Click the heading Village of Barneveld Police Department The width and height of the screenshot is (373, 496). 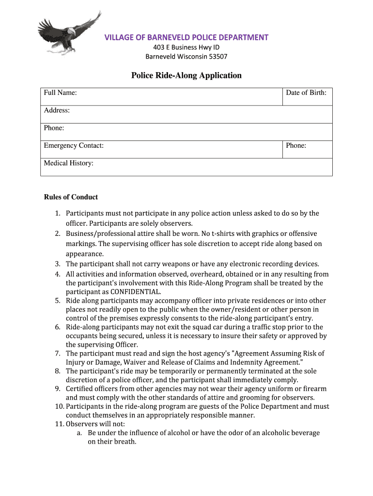pos(186,38)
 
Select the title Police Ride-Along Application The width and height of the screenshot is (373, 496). pos(186,76)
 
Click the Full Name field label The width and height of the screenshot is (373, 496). pos(61,93)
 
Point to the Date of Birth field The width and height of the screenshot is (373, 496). pos(306,93)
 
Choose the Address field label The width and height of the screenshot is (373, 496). pos(57,110)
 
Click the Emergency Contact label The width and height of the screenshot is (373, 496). pos(74,145)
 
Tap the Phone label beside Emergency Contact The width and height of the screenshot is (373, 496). pos(296,145)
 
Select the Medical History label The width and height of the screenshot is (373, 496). pos(69,163)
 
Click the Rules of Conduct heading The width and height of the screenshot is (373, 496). pos(71,197)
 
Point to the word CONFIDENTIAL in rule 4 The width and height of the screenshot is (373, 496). pos(136,292)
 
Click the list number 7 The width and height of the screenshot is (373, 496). pos(57,354)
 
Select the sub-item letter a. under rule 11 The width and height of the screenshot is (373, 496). pos(79,433)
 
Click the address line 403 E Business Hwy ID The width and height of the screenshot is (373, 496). pos(186,47)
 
